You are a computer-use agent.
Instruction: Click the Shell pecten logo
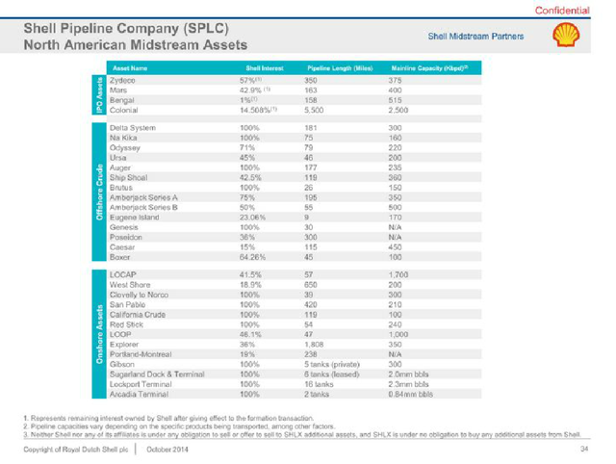tap(566, 38)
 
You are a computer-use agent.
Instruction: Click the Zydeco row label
tap(124, 81)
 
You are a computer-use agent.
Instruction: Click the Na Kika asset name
tap(126, 137)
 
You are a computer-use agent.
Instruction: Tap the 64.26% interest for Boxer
tap(259, 257)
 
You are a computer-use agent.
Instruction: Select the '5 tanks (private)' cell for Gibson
tap(331, 364)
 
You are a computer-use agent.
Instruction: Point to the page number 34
tap(583, 450)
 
